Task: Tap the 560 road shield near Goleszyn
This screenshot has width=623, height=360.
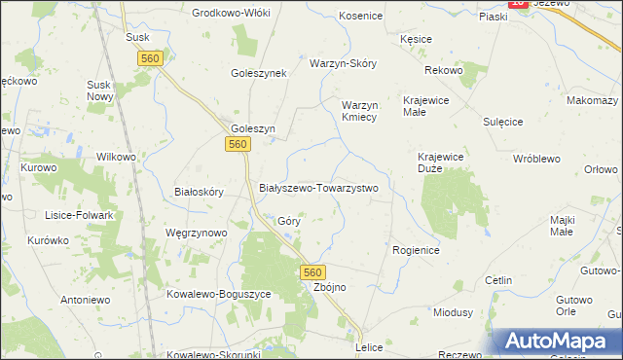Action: [240, 144]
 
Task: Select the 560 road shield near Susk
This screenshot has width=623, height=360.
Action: [150, 59]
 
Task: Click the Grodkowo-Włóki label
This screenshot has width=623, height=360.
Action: [232, 13]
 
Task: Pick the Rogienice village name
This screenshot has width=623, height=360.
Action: [417, 250]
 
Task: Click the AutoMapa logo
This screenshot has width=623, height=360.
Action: [560, 341]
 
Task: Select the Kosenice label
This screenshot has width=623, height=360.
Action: [361, 17]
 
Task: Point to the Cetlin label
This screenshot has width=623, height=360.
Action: [498, 280]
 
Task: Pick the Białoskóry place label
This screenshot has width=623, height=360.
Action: [199, 192]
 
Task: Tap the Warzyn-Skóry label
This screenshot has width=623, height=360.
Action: [343, 63]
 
